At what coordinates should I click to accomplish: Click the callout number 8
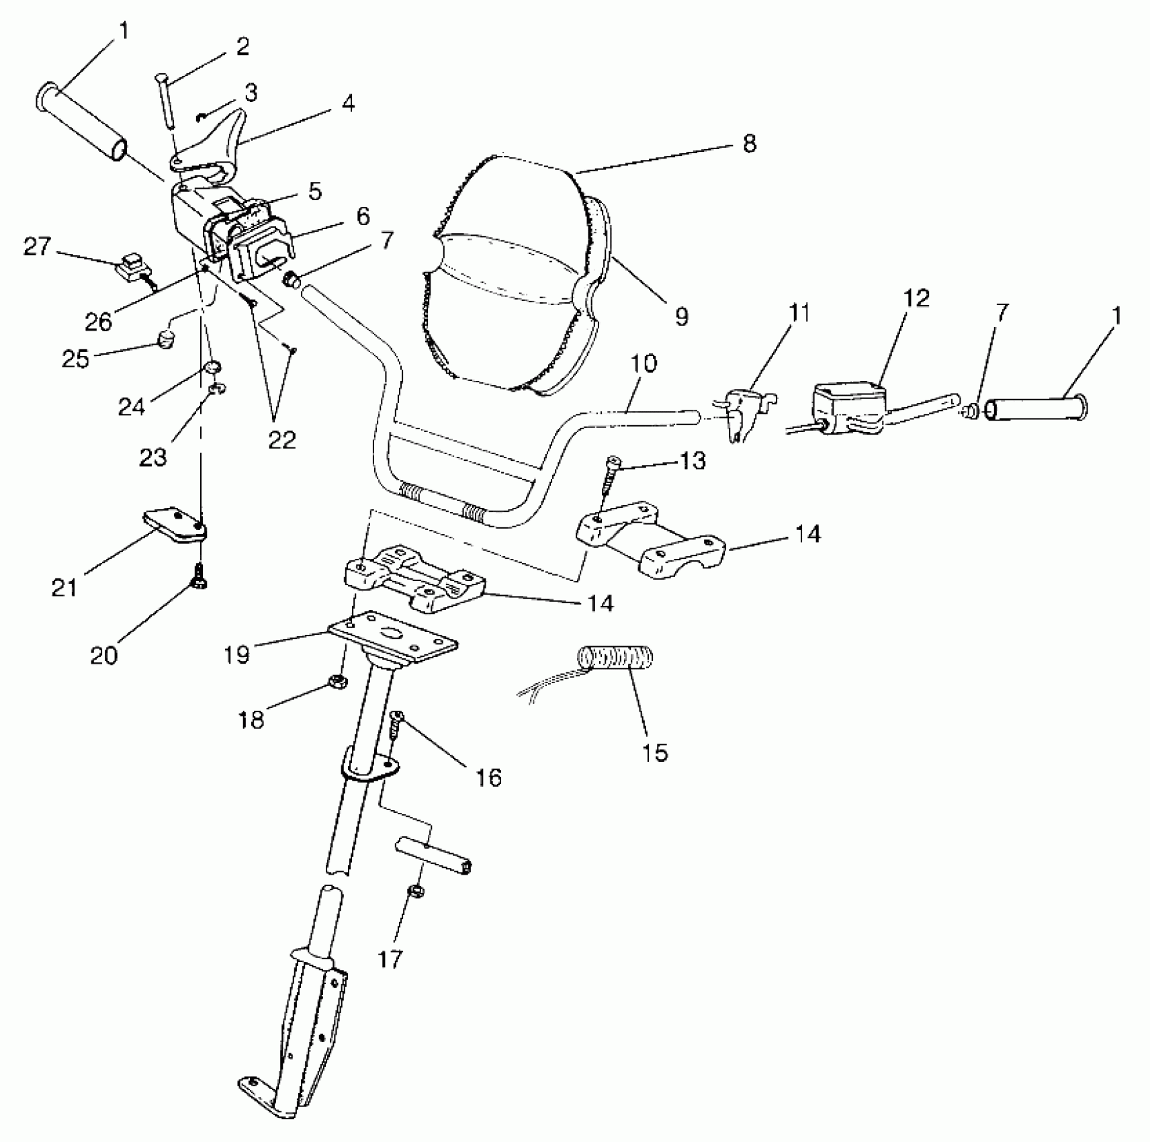pyautogui.click(x=749, y=144)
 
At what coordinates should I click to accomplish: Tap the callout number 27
pyautogui.click(x=37, y=247)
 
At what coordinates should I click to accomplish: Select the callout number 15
pyautogui.click(x=656, y=752)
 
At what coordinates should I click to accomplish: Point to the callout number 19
pyautogui.click(x=236, y=654)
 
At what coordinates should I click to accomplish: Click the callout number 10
pyautogui.click(x=644, y=363)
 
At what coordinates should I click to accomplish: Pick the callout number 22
pyautogui.click(x=282, y=439)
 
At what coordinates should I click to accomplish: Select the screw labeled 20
pyautogui.click(x=200, y=575)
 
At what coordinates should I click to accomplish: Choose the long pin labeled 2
pyautogui.click(x=167, y=101)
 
